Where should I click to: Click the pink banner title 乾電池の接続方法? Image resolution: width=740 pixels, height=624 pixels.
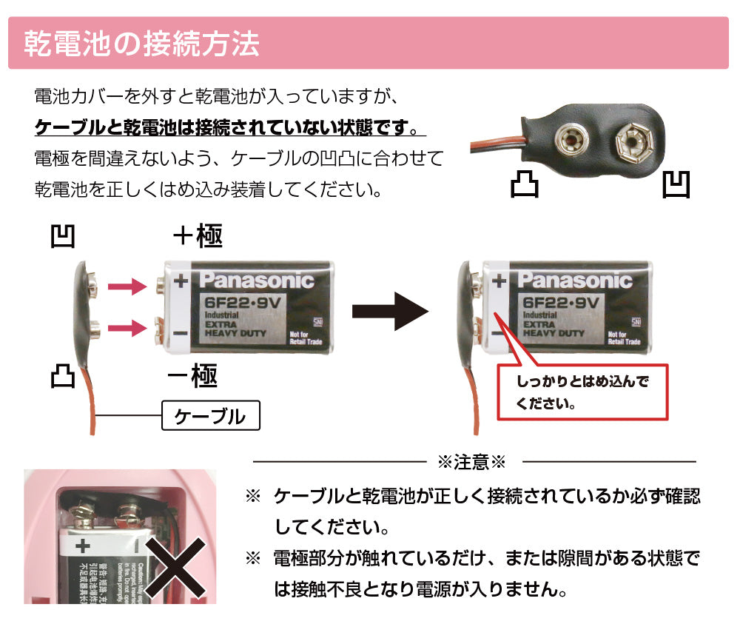tap(141, 44)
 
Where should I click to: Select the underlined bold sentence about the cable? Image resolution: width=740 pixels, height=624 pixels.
tap(230, 127)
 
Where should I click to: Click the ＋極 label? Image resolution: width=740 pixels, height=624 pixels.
tap(197, 237)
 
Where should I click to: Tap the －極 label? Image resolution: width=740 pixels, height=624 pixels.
tap(192, 376)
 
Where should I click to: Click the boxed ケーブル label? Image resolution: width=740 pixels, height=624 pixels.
tap(211, 416)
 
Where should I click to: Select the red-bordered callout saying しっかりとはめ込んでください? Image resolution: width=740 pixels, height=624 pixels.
tap(582, 392)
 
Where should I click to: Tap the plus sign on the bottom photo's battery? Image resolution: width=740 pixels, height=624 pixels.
tap(82, 546)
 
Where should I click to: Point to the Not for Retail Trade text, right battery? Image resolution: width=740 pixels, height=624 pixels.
tap(623, 338)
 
